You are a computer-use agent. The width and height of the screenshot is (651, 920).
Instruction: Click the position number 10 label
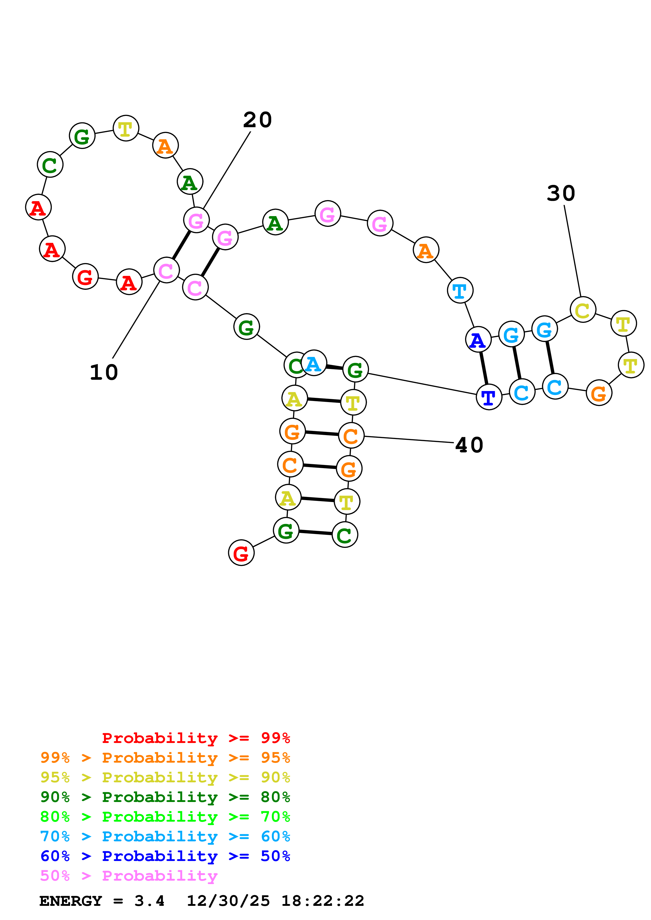coord(103,373)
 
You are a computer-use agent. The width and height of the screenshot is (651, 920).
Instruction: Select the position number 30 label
coord(560,194)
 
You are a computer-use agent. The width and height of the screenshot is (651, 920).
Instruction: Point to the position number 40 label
coord(469,445)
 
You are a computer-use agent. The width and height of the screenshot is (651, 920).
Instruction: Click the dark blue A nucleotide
coord(478,340)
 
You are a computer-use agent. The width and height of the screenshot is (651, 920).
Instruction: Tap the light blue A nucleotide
coord(314,363)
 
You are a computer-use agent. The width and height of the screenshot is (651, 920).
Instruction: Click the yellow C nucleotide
coord(582,309)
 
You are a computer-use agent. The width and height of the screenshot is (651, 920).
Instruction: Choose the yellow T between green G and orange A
coord(126,128)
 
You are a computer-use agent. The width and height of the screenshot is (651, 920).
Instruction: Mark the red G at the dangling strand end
coord(241,553)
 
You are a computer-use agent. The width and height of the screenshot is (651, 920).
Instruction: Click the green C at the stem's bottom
coord(345,534)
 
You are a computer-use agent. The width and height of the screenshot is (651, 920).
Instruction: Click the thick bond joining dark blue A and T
coord(484,368)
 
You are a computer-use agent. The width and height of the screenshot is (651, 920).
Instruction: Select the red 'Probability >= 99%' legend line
coord(196,738)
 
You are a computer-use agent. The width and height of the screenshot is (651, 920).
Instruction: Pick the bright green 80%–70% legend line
coord(165,817)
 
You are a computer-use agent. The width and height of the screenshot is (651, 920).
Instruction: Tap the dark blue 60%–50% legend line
coord(165,856)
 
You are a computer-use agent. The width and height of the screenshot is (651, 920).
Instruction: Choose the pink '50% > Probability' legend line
coord(129,875)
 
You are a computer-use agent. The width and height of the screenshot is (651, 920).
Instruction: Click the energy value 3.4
coord(149,901)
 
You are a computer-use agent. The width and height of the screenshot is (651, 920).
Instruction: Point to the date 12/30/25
coord(228,901)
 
